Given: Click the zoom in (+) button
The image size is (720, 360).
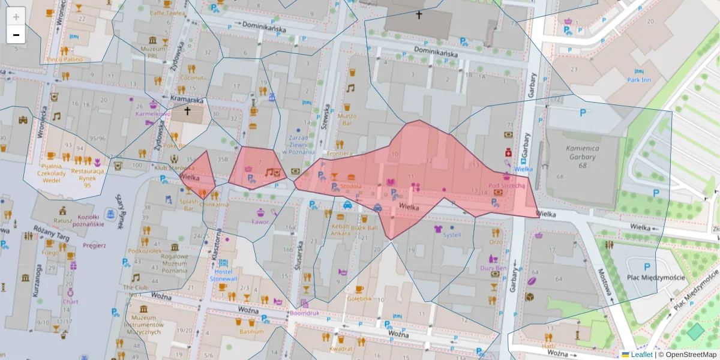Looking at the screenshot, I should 16,16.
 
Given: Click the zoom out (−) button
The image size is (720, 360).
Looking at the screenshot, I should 16,35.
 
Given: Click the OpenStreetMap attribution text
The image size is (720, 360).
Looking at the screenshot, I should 688,355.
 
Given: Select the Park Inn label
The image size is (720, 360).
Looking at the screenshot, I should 638,80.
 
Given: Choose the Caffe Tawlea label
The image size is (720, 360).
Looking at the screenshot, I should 166,12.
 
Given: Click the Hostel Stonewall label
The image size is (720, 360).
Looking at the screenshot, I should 223,275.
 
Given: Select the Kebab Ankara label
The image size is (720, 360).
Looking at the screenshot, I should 340,230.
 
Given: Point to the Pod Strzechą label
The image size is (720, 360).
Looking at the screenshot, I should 506,186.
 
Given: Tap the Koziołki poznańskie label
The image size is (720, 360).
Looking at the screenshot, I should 83,221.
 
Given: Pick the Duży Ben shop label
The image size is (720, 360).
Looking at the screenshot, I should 493,268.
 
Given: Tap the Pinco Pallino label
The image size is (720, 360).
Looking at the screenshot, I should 64,59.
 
